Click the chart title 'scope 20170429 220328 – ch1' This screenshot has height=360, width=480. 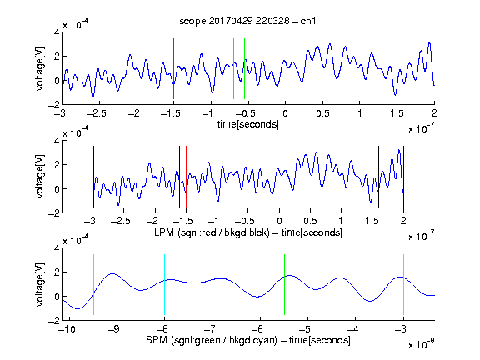point(247,21)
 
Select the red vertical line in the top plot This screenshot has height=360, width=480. point(173,68)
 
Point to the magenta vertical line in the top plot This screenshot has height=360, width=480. point(397,68)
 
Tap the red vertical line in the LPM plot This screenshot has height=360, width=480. point(186,177)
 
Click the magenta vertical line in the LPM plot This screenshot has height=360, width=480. point(372,177)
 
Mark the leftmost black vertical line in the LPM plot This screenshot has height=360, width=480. point(93,177)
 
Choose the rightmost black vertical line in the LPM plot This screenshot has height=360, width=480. point(404,177)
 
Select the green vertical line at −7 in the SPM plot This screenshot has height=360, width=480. point(212,284)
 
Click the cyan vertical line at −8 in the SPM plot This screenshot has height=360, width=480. point(165,284)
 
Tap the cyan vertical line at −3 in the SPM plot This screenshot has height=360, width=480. point(404,284)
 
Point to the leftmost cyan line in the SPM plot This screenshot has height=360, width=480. point(93,284)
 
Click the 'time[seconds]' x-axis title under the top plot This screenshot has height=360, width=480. point(248,124)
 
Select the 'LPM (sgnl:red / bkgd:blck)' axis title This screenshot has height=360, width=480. point(212,232)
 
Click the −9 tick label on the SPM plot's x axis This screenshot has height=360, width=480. point(114,329)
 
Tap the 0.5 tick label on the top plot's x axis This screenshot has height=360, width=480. point(322,113)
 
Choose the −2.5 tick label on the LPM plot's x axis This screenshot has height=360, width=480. point(121,221)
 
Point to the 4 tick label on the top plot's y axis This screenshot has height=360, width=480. point(57,32)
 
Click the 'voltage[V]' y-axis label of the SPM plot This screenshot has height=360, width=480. point(40,284)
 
